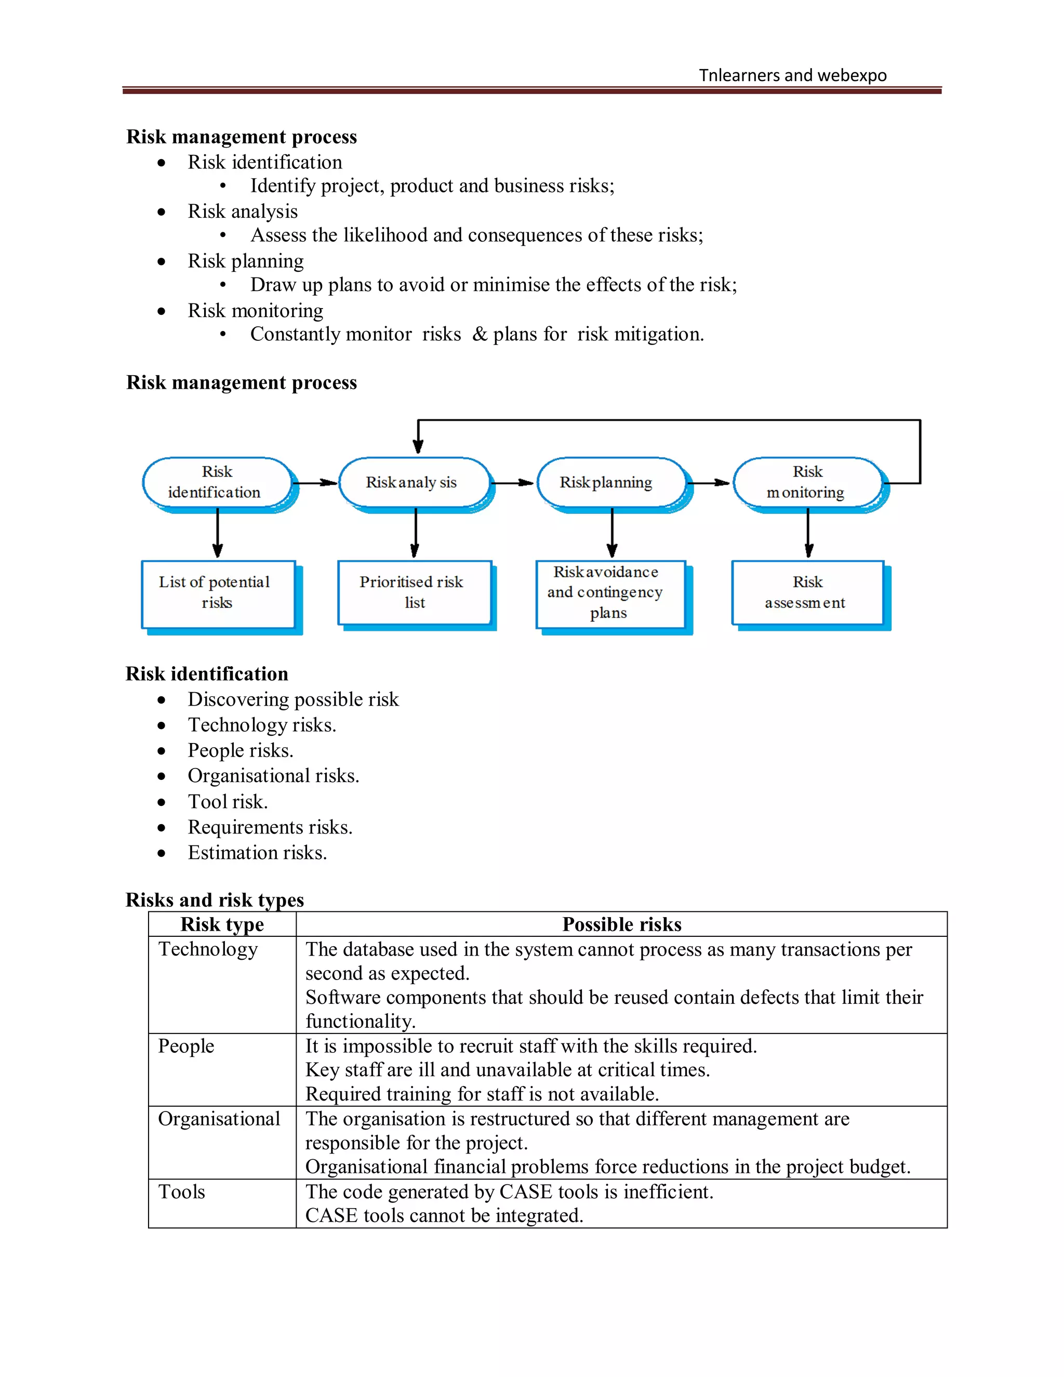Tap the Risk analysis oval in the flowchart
[414, 482]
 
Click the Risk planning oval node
[610, 482]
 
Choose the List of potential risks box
[218, 593]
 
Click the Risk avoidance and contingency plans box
[609, 593]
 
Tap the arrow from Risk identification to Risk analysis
[315, 483]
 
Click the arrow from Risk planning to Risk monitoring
[709, 483]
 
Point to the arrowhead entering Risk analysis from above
[418, 446]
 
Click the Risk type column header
[222, 924]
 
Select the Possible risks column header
[621, 924]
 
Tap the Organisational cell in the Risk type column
[219, 1119]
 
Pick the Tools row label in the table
[181, 1191]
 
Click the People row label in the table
[186, 1046]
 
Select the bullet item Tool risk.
[228, 801]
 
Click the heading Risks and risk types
[215, 899]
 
